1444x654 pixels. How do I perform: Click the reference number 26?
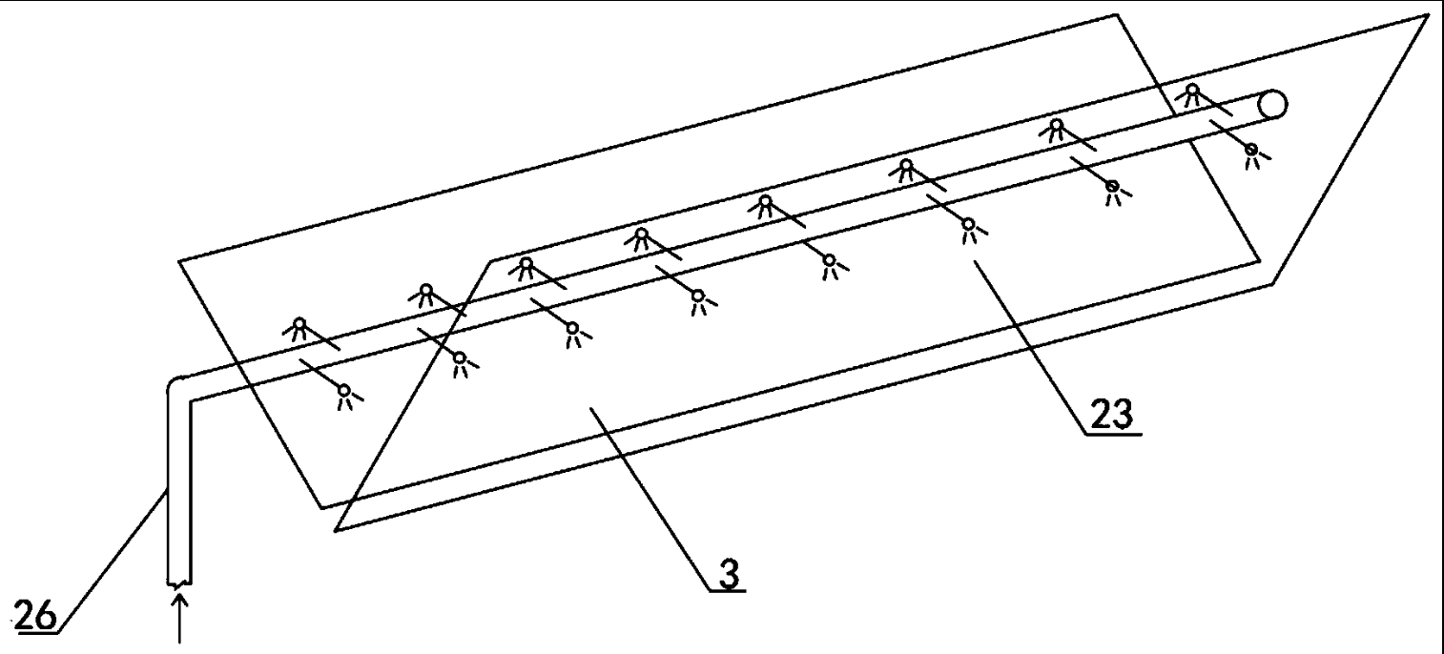[x=34, y=615]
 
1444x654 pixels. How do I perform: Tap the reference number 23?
[x=1111, y=414]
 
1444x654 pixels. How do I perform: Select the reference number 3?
[x=729, y=574]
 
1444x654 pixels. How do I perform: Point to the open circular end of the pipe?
[x=1272, y=104]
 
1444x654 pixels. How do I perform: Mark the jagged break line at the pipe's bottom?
[x=179, y=583]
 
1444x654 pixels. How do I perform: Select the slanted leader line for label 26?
[x=113, y=562]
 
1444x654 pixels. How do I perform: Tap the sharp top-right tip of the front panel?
[x=1429, y=15]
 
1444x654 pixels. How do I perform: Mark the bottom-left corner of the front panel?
[x=335, y=530]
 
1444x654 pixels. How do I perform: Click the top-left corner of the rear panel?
[x=179, y=261]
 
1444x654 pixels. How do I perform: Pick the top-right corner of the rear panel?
[x=1117, y=15]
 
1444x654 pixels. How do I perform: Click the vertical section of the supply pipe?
[x=179, y=490]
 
